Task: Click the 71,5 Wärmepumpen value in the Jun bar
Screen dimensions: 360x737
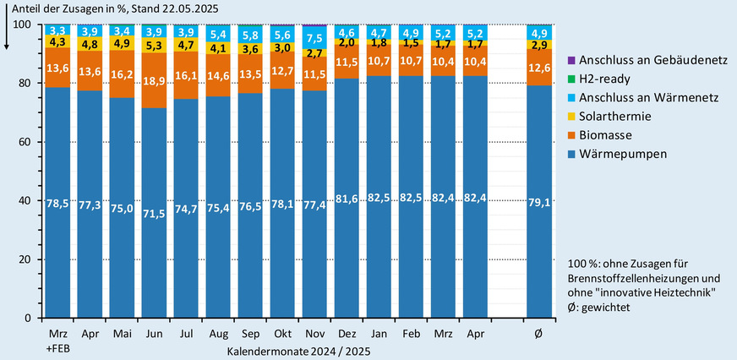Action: (155, 211)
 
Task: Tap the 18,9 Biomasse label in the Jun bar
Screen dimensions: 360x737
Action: (155, 81)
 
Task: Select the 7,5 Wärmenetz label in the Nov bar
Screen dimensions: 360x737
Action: (314, 39)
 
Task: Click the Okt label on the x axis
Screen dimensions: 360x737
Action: (281, 335)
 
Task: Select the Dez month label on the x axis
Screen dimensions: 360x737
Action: (346, 335)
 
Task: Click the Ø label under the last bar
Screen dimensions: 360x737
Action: (539, 335)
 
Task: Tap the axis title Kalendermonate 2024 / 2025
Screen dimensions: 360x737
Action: (299, 349)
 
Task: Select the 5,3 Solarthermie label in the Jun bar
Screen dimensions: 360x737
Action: (155, 46)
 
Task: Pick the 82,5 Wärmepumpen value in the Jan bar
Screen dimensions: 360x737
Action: (378, 198)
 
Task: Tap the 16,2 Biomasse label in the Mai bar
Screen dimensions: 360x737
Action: (123, 74)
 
